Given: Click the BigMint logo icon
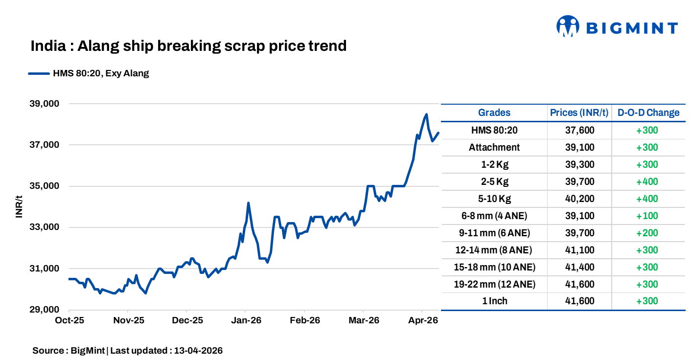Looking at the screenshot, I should (568, 26).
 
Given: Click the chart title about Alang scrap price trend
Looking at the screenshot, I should (188, 46).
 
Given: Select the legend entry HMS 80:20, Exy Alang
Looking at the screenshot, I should (89, 74).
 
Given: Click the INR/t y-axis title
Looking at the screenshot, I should (19, 206).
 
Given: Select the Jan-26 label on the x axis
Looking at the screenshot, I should (246, 320).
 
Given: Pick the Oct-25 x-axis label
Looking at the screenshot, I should (69, 320).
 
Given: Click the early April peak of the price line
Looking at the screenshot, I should (426, 114).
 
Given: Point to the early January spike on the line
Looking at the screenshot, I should (248, 202).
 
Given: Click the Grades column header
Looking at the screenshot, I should (494, 112).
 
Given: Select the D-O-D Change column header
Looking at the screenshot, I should (648, 112).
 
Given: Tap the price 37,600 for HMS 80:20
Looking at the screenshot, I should (579, 130).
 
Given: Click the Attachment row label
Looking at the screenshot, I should (494, 147).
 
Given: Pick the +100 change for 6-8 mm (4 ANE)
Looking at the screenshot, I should (647, 216).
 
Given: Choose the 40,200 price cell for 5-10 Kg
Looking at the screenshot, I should (579, 199).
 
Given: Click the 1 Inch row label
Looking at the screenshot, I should (494, 301).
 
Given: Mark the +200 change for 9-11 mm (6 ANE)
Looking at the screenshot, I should (647, 233).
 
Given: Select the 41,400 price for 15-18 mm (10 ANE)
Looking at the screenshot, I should (579, 267).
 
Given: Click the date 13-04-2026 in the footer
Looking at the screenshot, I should (198, 351).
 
